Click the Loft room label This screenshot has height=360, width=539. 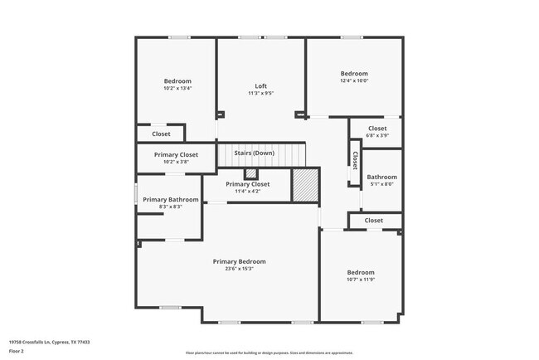pos(260,86)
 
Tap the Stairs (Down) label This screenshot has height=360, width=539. pos(254,153)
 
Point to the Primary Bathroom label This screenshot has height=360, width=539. pos(170,199)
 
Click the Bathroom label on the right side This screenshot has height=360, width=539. pos(382,177)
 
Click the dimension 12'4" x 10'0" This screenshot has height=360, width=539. pos(354,80)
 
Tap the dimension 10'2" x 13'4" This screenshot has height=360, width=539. pos(177,88)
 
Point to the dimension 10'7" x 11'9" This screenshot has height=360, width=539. pos(361,280)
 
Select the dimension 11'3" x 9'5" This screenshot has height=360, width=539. pos(260,94)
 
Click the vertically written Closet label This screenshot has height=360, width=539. pos(355,159)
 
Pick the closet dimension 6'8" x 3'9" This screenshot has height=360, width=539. pos(376,136)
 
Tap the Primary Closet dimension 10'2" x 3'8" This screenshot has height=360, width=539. pos(177,162)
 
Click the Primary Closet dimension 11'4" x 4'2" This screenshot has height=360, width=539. pos(248,192)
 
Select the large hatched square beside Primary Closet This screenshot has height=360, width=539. pos(305,184)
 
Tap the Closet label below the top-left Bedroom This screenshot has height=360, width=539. pos(161,134)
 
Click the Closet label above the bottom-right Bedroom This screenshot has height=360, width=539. pos(374,221)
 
